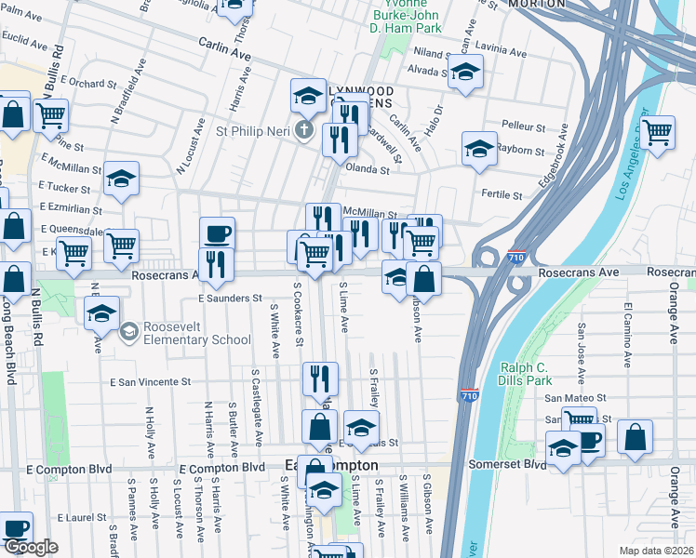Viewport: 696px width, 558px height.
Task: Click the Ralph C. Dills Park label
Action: [x=526, y=373]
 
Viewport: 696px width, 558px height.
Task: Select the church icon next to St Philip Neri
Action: [x=302, y=130]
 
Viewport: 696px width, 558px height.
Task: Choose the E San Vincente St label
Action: [x=150, y=381]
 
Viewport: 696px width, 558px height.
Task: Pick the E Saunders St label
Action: [x=230, y=299]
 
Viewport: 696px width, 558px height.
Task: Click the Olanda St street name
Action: [x=367, y=169]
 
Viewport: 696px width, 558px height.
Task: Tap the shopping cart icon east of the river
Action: [x=658, y=132]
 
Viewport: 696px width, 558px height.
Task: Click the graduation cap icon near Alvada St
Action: [x=465, y=73]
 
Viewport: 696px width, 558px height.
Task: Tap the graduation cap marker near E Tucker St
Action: [x=121, y=179]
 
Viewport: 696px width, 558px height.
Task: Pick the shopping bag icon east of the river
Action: [x=635, y=436]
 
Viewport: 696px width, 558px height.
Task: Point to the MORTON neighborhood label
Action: [x=536, y=5]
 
